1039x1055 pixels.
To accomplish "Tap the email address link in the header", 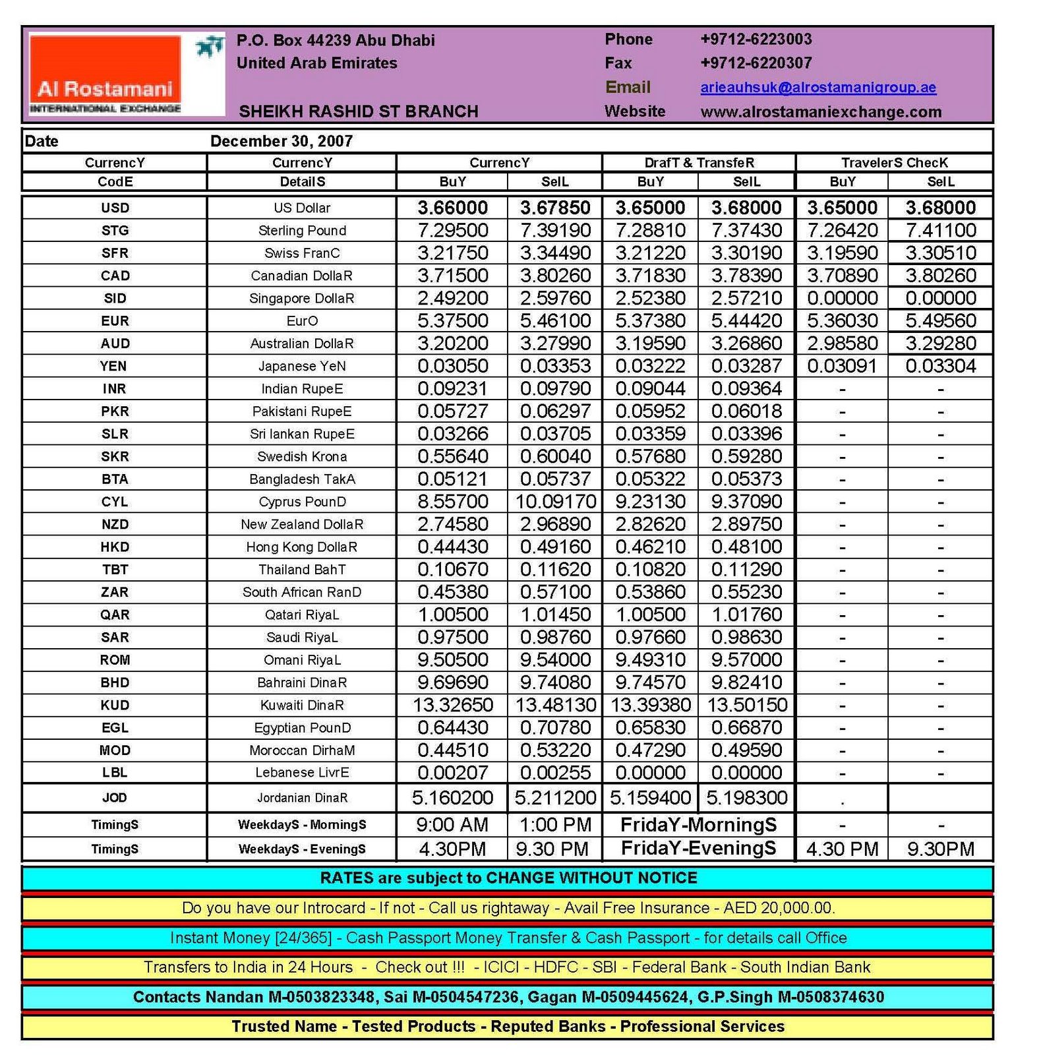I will coord(817,88).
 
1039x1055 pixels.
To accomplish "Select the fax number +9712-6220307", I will coord(756,63).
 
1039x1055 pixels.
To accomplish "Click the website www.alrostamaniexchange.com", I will coord(820,112).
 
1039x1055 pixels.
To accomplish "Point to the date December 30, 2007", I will coord(282,141).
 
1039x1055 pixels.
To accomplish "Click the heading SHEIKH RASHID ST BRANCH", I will coord(358,111).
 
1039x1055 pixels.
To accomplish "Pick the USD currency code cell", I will coord(115,208).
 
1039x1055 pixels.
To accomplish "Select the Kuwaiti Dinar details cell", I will coord(302,706).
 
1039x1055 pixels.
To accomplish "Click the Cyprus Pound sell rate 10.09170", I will coord(555,502).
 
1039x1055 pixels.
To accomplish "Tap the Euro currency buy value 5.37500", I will coord(453,321).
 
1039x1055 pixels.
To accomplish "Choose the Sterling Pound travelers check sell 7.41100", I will coord(940,231).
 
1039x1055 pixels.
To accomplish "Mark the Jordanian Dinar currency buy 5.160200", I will coord(453,799).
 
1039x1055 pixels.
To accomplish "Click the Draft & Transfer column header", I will coord(699,163).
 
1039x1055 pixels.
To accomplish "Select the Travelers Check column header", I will coord(894,163).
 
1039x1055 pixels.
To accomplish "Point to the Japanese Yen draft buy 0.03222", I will coord(650,367).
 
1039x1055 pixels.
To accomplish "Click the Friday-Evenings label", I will coord(699,849).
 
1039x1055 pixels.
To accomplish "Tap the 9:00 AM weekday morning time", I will coord(453,825).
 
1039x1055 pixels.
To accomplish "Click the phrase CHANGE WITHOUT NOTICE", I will coord(591,878).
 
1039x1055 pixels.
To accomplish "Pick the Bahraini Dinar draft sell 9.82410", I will coord(746,682).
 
